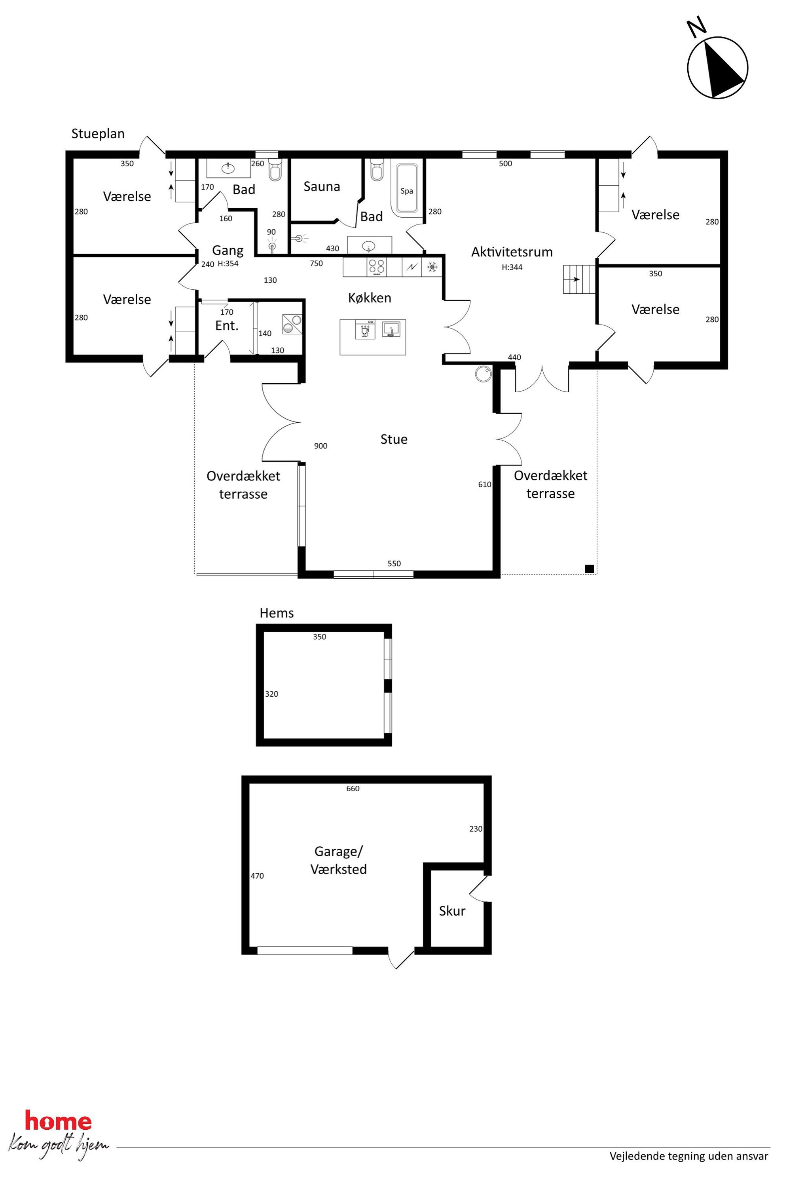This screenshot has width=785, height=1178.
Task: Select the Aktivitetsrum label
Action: (x=512, y=252)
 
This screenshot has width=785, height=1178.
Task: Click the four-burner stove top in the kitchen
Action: (x=377, y=267)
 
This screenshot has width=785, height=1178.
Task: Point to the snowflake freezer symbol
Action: (x=432, y=267)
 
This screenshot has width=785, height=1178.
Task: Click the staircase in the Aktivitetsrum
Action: (x=579, y=279)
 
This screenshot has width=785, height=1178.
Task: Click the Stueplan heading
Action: (x=98, y=134)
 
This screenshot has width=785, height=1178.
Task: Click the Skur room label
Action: (x=452, y=911)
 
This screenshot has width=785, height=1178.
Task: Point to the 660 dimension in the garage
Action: (x=353, y=788)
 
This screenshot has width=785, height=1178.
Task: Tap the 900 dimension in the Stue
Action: (x=320, y=446)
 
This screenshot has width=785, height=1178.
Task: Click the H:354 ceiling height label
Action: (x=228, y=264)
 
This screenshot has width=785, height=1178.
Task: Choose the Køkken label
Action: (x=370, y=298)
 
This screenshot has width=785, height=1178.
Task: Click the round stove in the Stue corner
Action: (x=484, y=374)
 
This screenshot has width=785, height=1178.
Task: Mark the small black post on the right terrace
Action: (x=589, y=568)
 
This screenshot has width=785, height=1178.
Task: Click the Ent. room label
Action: (x=227, y=325)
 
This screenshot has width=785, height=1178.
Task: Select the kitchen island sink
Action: (x=391, y=329)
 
